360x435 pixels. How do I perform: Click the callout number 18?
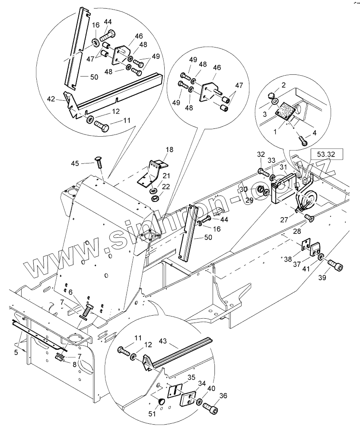[x=169, y=150]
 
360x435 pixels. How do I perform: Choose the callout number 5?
[x=16, y=352]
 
